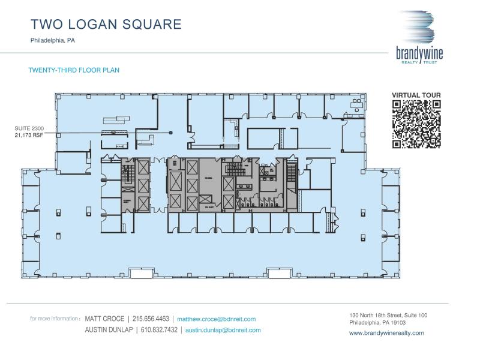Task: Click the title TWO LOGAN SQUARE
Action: (x=106, y=25)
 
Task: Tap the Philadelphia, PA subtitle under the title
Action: (x=53, y=41)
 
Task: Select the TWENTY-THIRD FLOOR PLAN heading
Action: (x=74, y=70)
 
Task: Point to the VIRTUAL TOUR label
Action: (x=416, y=95)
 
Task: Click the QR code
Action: (x=416, y=124)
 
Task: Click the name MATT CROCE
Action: (x=104, y=319)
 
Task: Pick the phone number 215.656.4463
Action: (x=151, y=319)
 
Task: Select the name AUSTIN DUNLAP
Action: (x=108, y=330)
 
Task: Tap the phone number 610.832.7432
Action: (x=158, y=330)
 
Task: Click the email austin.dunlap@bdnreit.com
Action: (x=223, y=330)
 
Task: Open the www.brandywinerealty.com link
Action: (x=386, y=333)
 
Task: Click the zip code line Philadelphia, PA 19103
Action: (x=378, y=322)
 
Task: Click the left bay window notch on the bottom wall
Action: (x=141, y=274)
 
